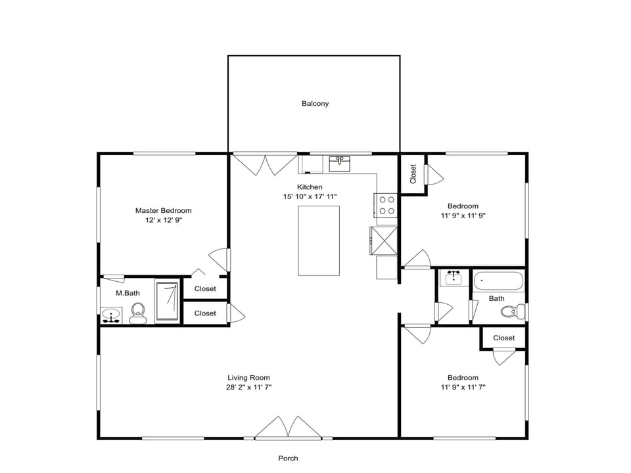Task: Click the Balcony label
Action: click(315, 104)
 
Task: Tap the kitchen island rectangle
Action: click(319, 240)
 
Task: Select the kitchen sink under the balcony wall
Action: click(340, 163)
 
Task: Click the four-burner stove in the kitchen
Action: click(386, 205)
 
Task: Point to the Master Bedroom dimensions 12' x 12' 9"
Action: click(163, 221)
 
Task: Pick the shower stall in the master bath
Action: click(167, 302)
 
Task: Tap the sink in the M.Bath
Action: click(111, 316)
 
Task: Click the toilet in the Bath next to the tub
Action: click(511, 311)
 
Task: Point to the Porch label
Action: click(288, 459)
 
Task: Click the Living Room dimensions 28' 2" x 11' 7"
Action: click(248, 388)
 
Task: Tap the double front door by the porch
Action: click(288, 428)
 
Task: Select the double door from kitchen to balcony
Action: click(265, 164)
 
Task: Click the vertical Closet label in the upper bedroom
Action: click(413, 173)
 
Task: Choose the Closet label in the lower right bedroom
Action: click(503, 338)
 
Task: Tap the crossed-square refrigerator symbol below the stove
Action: click(384, 240)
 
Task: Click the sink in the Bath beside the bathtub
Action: click(453, 278)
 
